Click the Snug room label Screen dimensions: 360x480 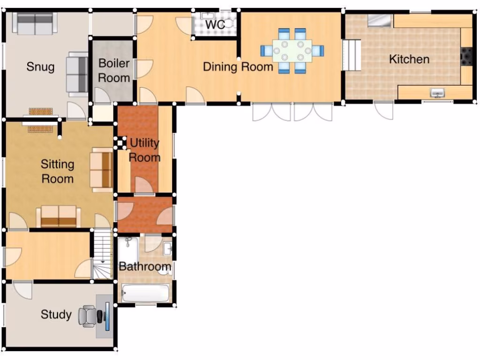[x=40, y=67]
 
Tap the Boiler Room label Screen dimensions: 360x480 [x=114, y=70]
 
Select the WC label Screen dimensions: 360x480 [x=215, y=24]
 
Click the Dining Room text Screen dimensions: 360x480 [x=238, y=67]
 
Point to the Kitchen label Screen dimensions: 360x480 [x=409, y=59]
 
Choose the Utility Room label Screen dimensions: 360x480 [x=144, y=150]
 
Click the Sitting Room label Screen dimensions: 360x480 [x=57, y=172]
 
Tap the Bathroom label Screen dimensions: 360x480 [x=145, y=267]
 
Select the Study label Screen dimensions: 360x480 [x=56, y=315]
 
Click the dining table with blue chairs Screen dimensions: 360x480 [x=292, y=50]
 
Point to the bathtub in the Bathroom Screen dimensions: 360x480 [x=145, y=294]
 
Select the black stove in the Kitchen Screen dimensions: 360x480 [x=466, y=56]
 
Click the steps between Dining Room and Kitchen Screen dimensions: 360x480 [x=352, y=55]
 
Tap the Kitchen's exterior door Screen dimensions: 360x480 [x=384, y=110]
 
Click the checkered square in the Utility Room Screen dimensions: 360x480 [x=121, y=142]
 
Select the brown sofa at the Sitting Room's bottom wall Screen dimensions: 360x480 [x=59, y=216]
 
